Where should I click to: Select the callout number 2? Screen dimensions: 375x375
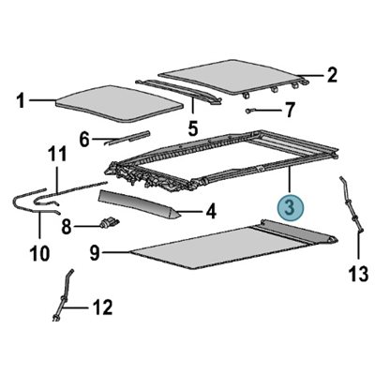tap(331, 72)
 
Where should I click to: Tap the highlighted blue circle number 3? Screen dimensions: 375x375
tap(292, 205)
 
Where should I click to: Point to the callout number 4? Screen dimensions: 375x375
tap(211, 212)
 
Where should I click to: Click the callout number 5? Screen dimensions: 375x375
tap(192, 126)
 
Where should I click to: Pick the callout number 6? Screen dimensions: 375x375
tap(84, 140)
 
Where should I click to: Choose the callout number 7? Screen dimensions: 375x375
tap(290, 110)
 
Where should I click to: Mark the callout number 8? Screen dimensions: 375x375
tap(67, 226)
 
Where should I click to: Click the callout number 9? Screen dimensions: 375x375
tap(95, 250)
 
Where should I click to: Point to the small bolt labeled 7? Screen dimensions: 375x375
tap(258, 110)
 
